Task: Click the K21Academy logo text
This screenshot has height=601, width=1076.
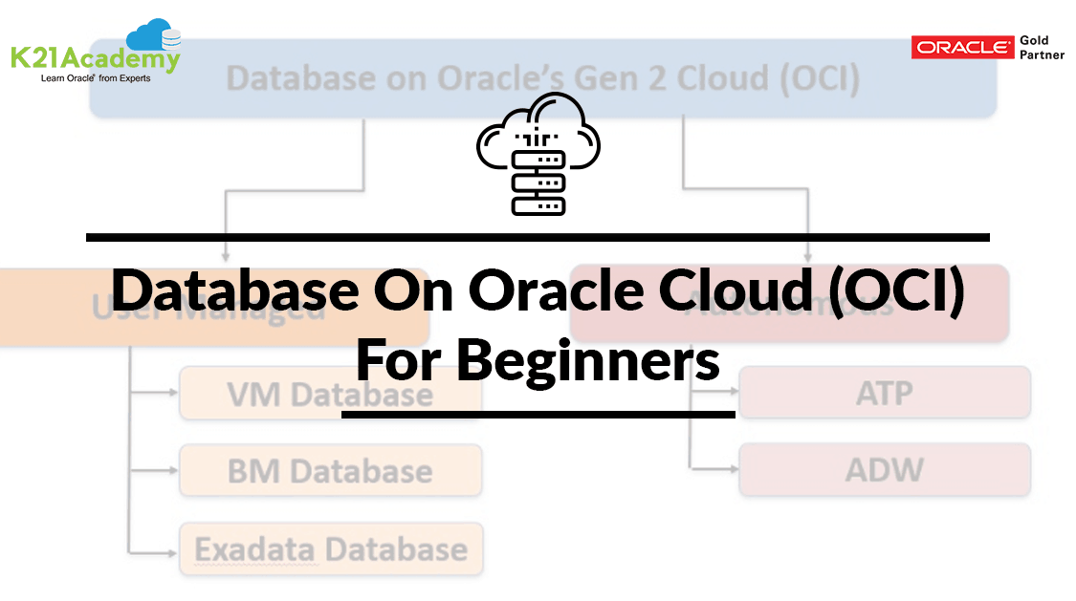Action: coord(94,58)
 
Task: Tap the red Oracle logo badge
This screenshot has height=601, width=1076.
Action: coord(962,47)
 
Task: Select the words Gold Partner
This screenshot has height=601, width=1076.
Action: coord(1041,47)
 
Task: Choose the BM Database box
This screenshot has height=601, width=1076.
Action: coord(330,470)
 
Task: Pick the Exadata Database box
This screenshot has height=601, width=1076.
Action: coord(330,548)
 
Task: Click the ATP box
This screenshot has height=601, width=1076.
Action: coord(884,392)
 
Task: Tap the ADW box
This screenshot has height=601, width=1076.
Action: coord(884,469)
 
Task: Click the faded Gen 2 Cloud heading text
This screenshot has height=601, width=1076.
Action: coord(542,78)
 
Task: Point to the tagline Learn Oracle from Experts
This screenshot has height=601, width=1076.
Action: coord(95,78)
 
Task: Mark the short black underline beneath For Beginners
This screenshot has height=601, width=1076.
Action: coord(538,415)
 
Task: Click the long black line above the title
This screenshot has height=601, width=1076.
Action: coord(538,236)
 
